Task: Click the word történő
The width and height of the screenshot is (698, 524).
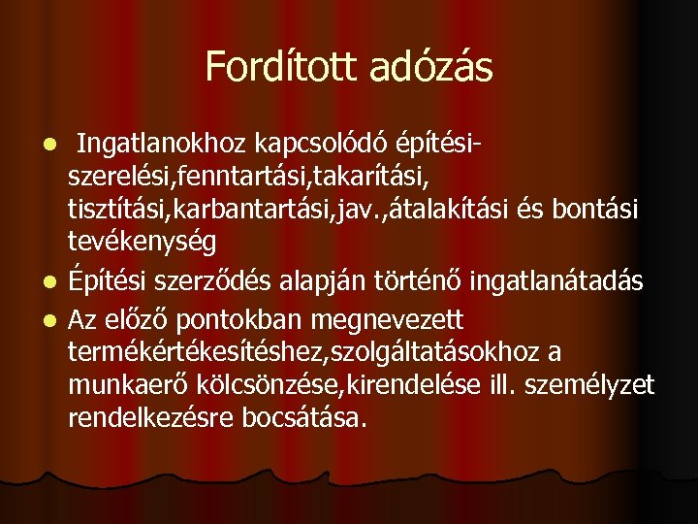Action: (423, 281)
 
